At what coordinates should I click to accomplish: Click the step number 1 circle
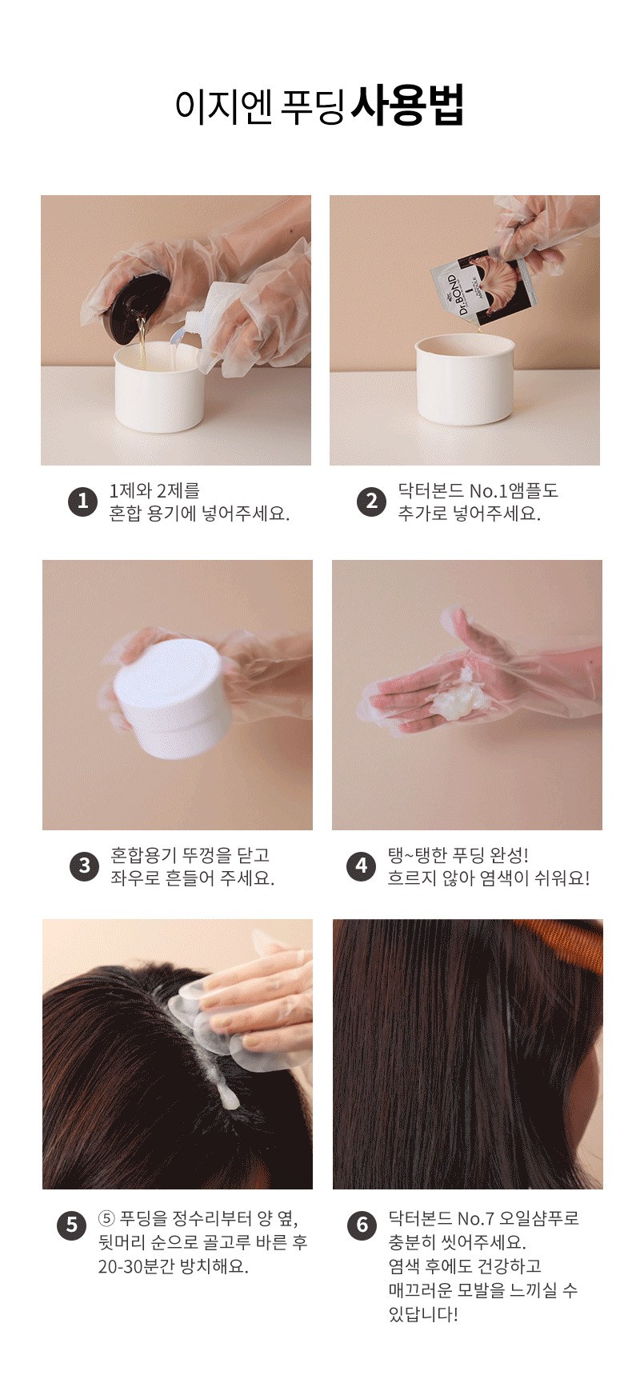[x=82, y=502]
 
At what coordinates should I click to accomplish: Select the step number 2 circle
[x=371, y=502]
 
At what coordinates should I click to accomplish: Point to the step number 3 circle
[x=84, y=866]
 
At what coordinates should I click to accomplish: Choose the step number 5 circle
[x=71, y=1225]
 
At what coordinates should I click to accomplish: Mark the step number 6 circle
[x=362, y=1225]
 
